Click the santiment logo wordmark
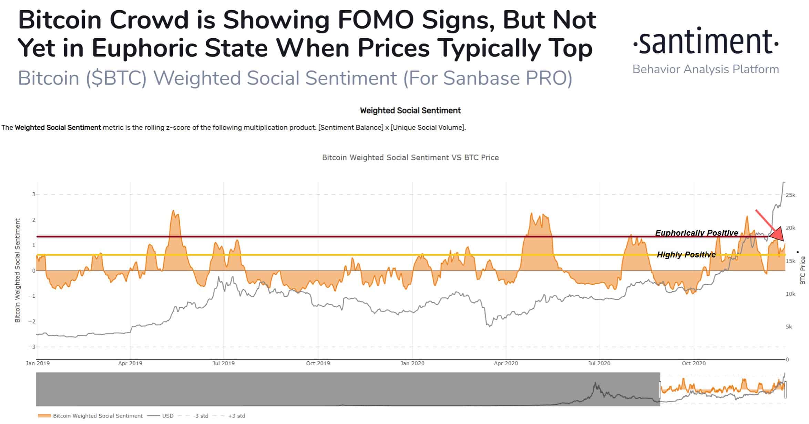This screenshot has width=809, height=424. [x=706, y=42]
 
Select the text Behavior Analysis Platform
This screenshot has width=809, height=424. [x=706, y=69]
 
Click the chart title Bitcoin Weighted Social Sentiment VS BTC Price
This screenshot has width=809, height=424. [x=410, y=158]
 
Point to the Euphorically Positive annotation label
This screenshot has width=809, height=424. [x=696, y=233]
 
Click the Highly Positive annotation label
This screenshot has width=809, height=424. [x=686, y=255]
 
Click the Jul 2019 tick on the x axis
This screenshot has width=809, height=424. [x=223, y=363]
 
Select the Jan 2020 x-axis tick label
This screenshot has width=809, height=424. [x=412, y=363]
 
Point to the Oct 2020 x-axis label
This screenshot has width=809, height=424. [x=694, y=363]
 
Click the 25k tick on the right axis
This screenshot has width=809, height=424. [x=790, y=195]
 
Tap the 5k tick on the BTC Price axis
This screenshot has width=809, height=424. [x=789, y=327]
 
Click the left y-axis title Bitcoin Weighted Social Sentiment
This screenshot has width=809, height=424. [x=17, y=271]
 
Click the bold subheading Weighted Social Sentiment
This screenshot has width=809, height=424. [x=410, y=110]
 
